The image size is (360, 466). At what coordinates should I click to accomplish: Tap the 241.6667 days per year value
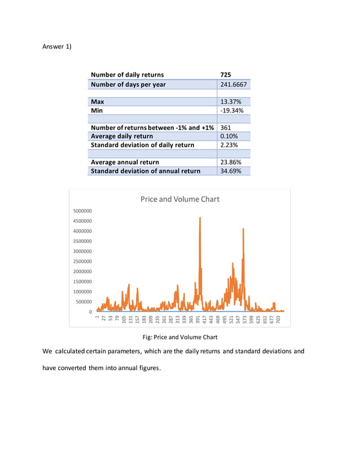[x=233, y=85]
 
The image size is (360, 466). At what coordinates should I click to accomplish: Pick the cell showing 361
[x=226, y=128]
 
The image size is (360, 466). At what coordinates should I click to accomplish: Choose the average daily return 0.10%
[x=229, y=136]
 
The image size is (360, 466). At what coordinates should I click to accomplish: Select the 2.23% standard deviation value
[x=229, y=145]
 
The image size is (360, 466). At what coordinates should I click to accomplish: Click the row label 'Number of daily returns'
[x=127, y=74]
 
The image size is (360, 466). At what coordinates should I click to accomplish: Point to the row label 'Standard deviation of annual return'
[x=145, y=171]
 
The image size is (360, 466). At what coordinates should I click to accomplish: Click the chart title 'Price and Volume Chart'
[x=179, y=199]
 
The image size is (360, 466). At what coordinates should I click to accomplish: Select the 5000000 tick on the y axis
[x=83, y=211]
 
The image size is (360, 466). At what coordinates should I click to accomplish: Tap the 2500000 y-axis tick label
[x=83, y=261]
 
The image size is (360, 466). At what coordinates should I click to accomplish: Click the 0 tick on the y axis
[x=90, y=311]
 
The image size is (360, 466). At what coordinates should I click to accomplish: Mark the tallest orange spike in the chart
[x=200, y=219]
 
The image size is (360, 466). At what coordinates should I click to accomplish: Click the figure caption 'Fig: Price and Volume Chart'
[x=179, y=337]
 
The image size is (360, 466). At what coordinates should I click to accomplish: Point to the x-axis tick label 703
[x=279, y=320]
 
